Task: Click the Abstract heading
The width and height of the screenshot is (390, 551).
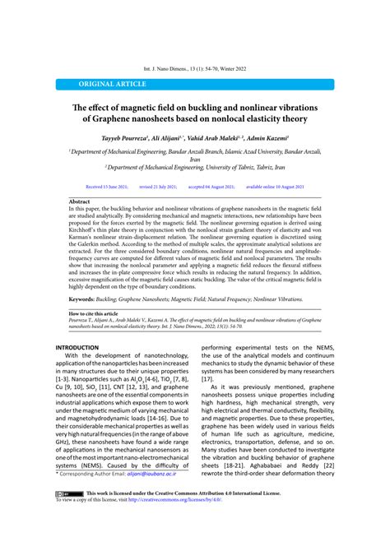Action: click(80, 201)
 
